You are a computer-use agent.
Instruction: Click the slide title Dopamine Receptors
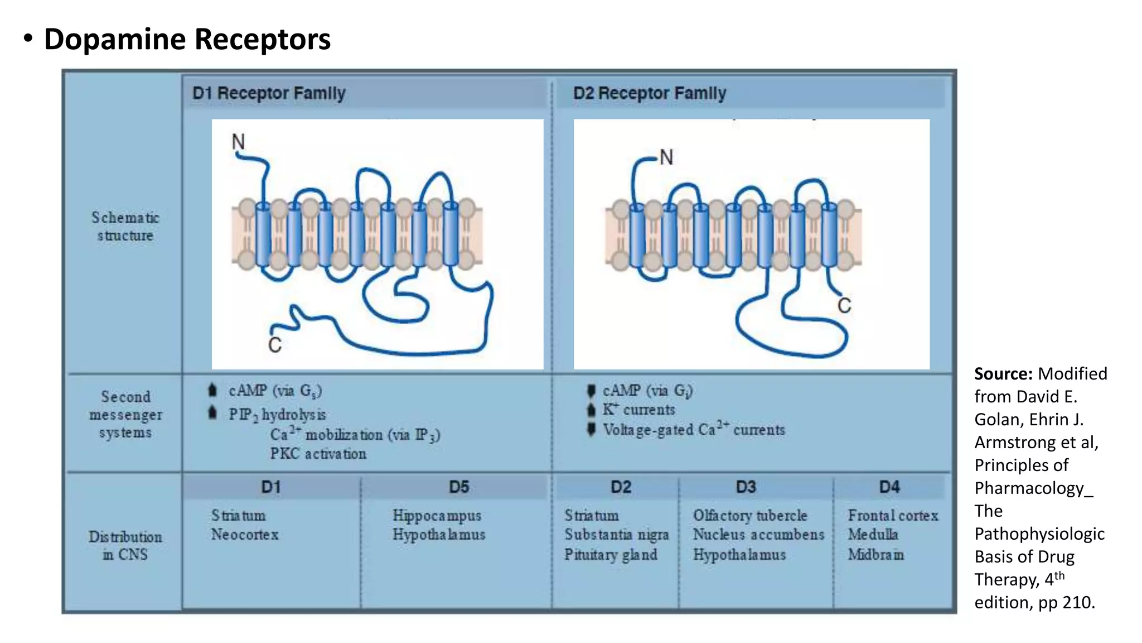point(187,40)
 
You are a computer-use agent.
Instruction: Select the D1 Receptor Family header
point(269,93)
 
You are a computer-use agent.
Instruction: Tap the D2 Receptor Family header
point(650,93)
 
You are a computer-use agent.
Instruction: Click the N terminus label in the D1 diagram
point(238,142)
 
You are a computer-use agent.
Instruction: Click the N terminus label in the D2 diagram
point(666,157)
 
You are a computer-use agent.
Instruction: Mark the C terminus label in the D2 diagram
point(844,306)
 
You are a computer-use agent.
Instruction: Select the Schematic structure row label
point(125,227)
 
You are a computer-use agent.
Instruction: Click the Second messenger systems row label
point(125,415)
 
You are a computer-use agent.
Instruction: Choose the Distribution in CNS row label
point(125,545)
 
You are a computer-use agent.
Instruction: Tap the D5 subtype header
point(459,487)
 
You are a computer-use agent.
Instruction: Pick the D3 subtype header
point(746,487)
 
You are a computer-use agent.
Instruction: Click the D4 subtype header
point(889,487)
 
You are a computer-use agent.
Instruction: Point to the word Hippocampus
point(437,516)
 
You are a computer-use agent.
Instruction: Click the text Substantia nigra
point(616,535)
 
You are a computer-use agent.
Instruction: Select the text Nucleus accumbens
point(758,535)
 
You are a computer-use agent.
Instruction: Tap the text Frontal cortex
point(893,516)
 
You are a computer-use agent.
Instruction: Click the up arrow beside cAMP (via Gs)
point(212,390)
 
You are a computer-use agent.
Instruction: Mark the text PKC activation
point(318,454)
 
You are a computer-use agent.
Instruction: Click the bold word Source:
point(1003,374)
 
